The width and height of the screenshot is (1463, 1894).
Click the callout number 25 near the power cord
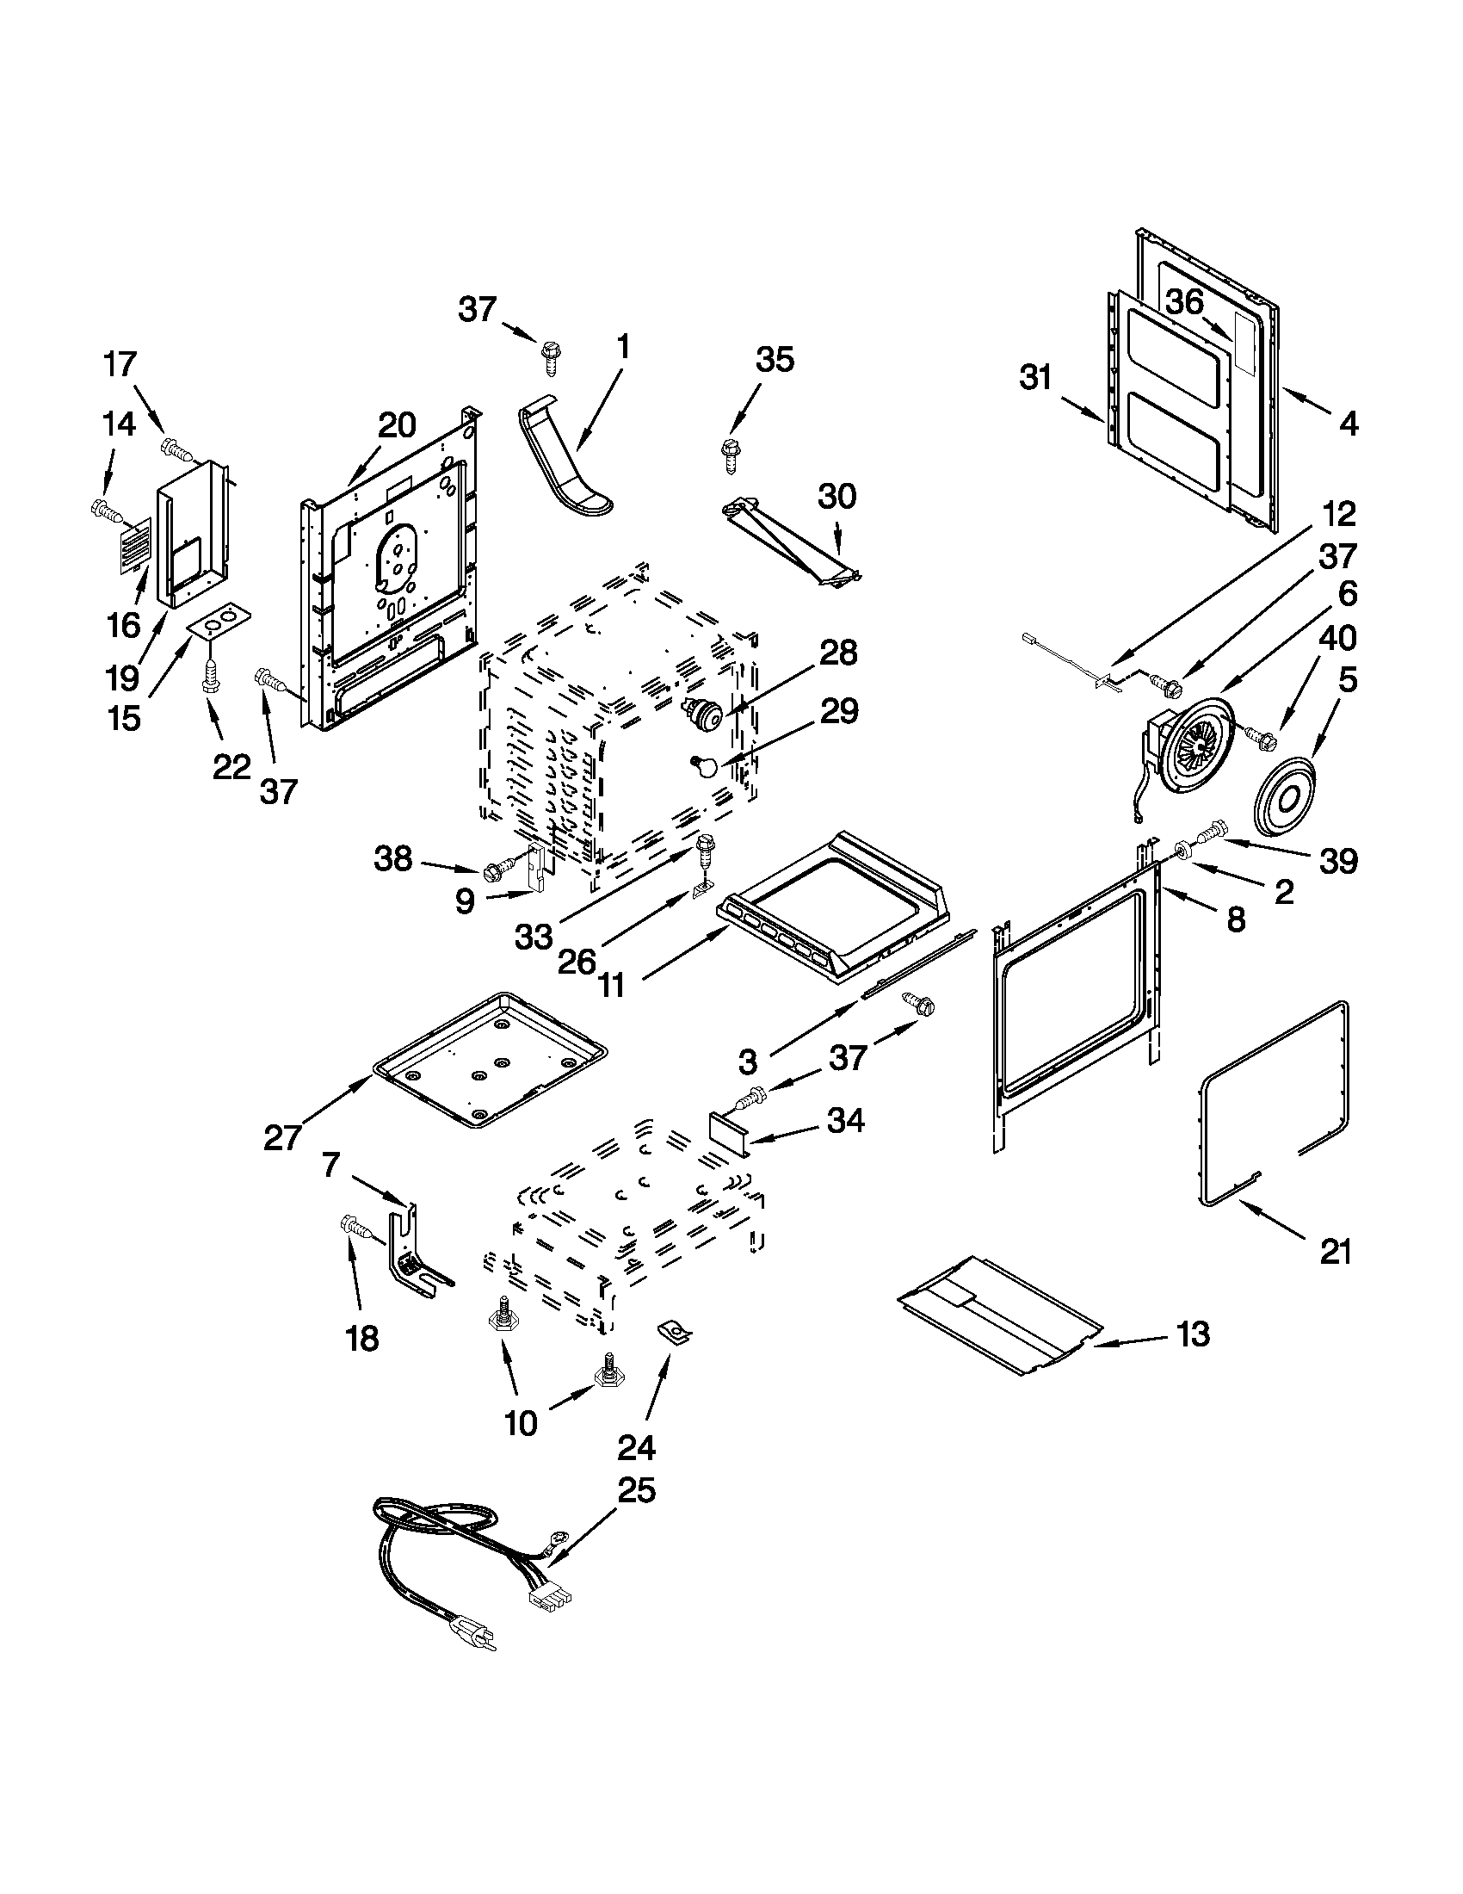(637, 1490)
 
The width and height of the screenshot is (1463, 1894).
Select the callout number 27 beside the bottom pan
(282, 1137)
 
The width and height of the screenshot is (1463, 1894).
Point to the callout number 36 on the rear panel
(1184, 303)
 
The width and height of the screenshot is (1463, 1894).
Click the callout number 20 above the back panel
(397, 425)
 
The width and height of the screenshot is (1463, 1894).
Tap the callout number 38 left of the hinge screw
(392, 858)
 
